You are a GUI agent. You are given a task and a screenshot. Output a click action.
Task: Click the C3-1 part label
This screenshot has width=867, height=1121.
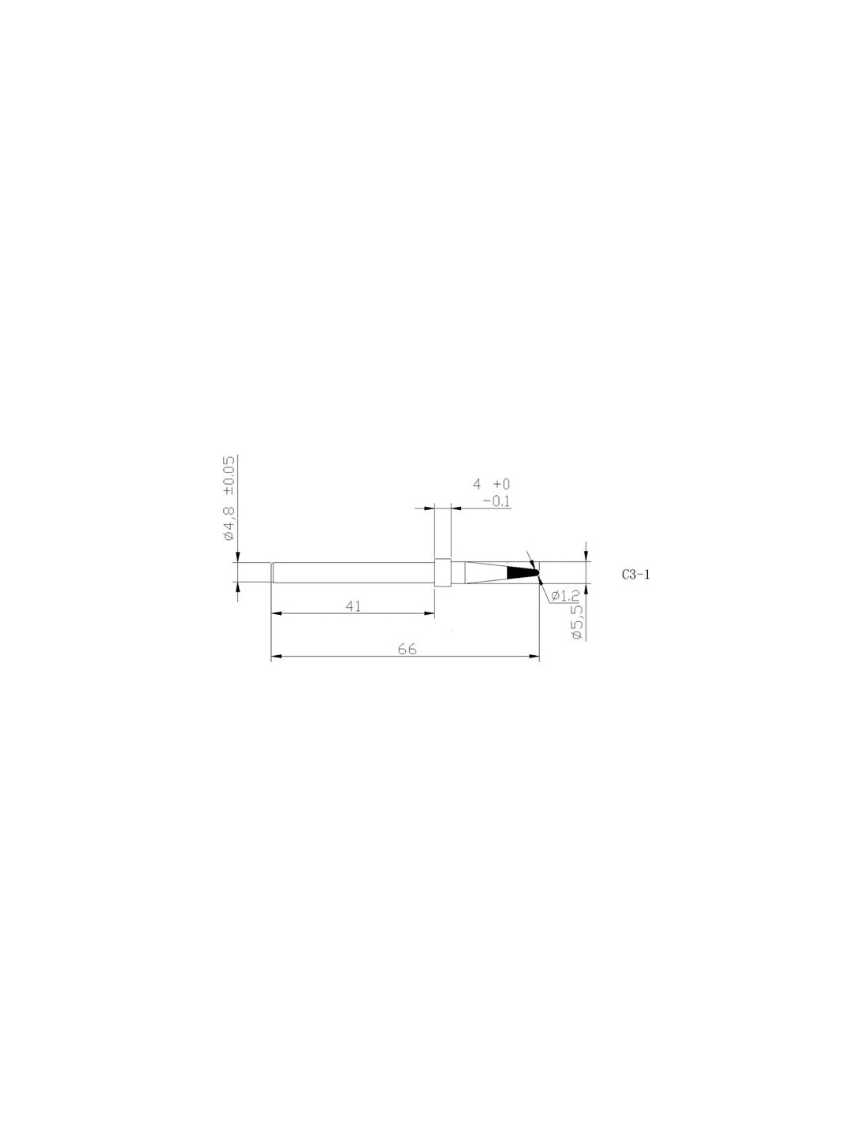tap(635, 574)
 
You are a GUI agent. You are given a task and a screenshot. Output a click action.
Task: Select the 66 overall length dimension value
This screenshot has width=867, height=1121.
tap(407, 649)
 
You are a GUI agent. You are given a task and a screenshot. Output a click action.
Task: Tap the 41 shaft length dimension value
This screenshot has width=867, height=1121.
tap(353, 606)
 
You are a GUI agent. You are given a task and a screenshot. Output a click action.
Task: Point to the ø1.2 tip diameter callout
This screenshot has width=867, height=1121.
tap(565, 596)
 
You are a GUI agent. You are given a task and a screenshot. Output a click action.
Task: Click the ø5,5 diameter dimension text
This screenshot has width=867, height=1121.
tap(578, 623)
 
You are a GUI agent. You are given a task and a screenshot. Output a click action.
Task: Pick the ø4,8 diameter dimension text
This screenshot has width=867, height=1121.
tap(229, 523)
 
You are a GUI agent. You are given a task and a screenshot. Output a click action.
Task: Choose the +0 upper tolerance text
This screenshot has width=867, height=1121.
tap(501, 484)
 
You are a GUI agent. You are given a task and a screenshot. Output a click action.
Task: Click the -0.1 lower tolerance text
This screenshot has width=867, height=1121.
tap(497, 501)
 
